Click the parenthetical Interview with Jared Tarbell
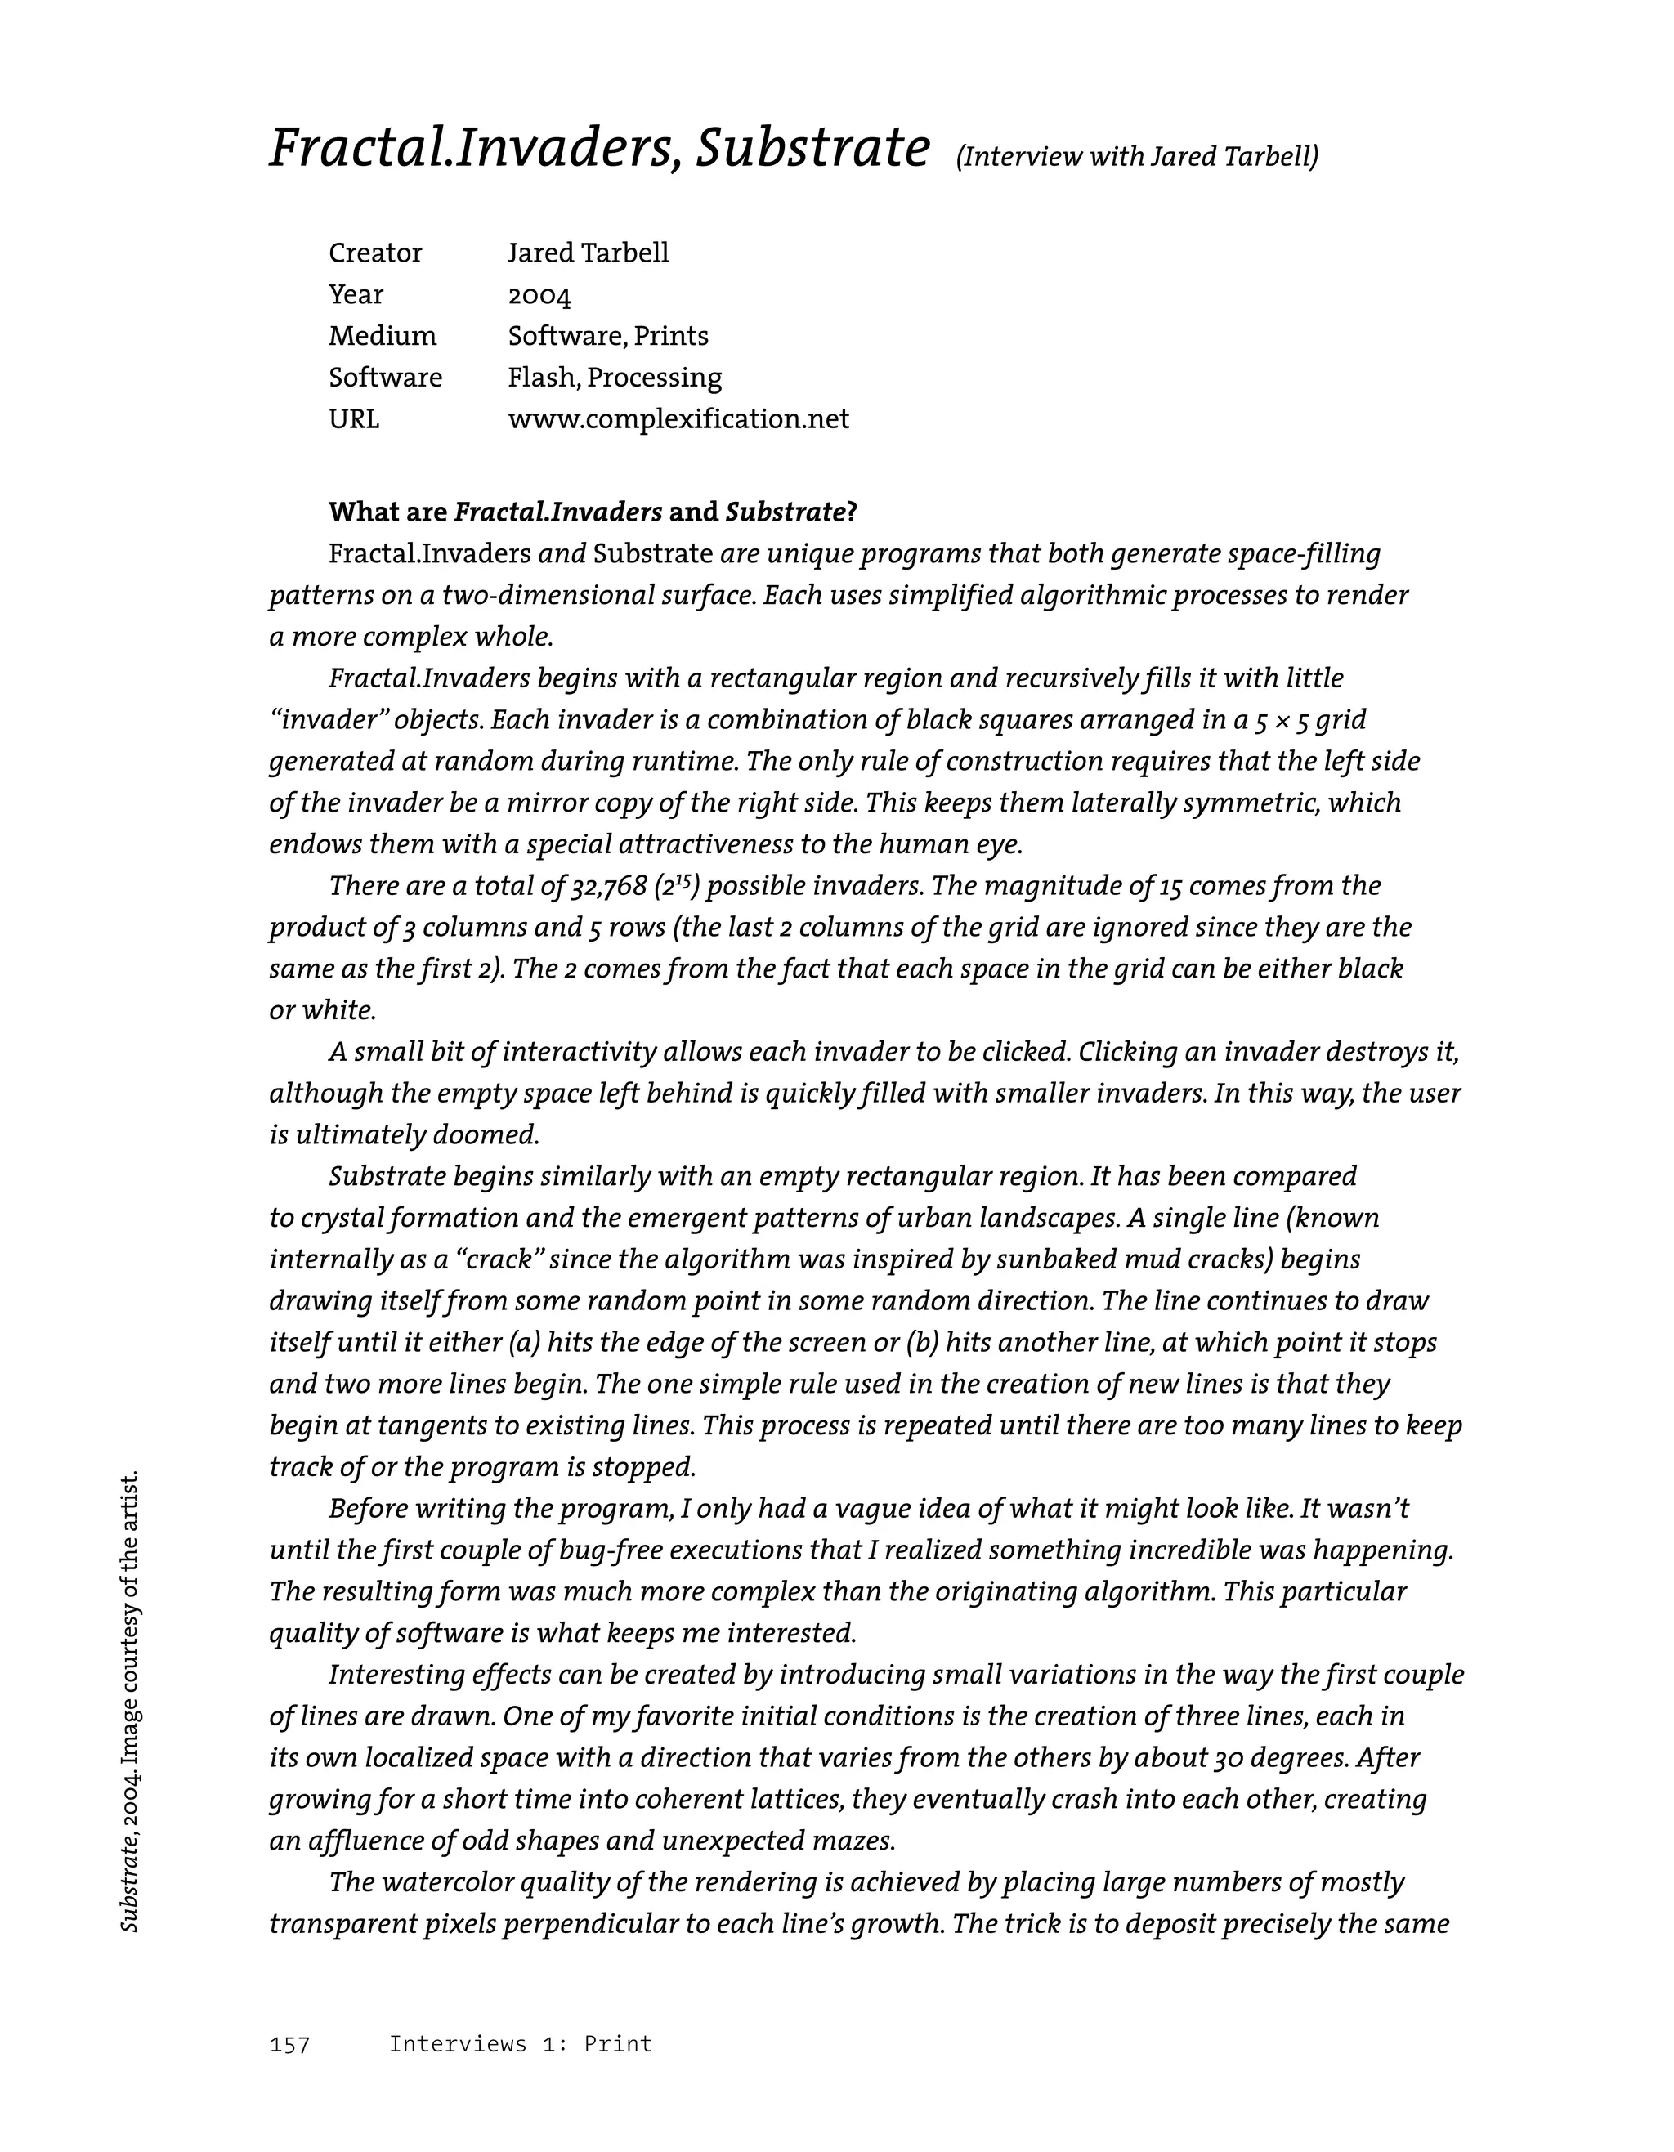pyautogui.click(x=1137, y=157)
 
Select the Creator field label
pyautogui.click(x=374, y=253)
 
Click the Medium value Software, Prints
pyautogui.click(x=608, y=337)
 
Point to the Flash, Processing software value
pyautogui.click(x=615, y=378)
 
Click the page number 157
pyautogui.click(x=289, y=2046)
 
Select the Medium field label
pyautogui.click(x=383, y=337)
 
